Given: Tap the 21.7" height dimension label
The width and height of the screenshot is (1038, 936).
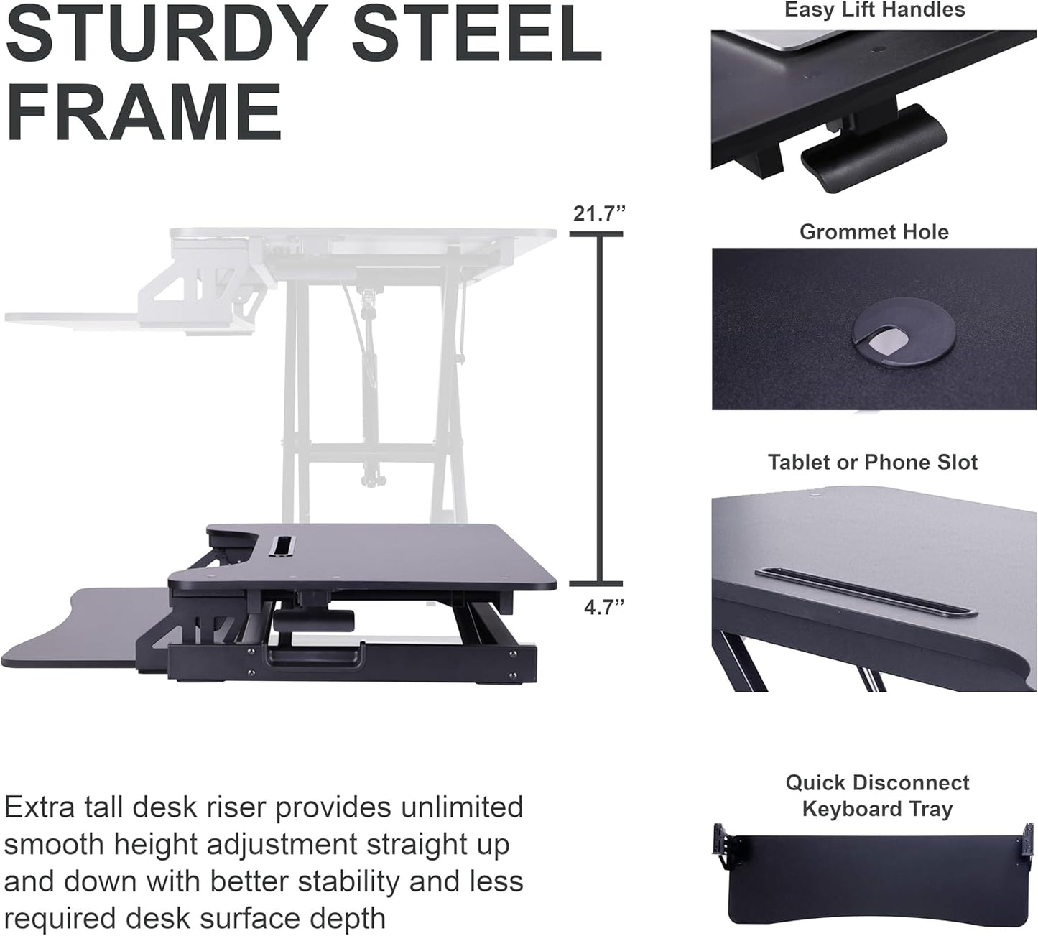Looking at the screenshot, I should (599, 214).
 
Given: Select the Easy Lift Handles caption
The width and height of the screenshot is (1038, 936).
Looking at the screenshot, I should (874, 10).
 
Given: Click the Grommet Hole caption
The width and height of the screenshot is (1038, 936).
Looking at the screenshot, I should (874, 232).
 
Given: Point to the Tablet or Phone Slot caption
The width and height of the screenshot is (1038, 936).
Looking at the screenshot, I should (872, 462).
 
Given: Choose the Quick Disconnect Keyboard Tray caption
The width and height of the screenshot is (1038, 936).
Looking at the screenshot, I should (877, 795).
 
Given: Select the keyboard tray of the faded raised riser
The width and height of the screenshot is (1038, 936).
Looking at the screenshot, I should (79, 318).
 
